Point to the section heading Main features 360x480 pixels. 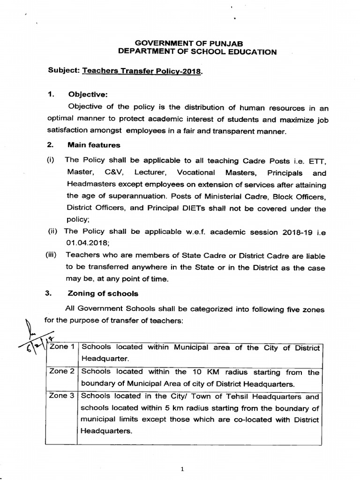94,145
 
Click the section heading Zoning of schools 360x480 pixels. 103,293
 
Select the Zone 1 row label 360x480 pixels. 62,347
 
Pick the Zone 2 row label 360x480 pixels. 62,371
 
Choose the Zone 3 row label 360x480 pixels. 62,396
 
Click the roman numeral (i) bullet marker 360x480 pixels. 50,160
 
